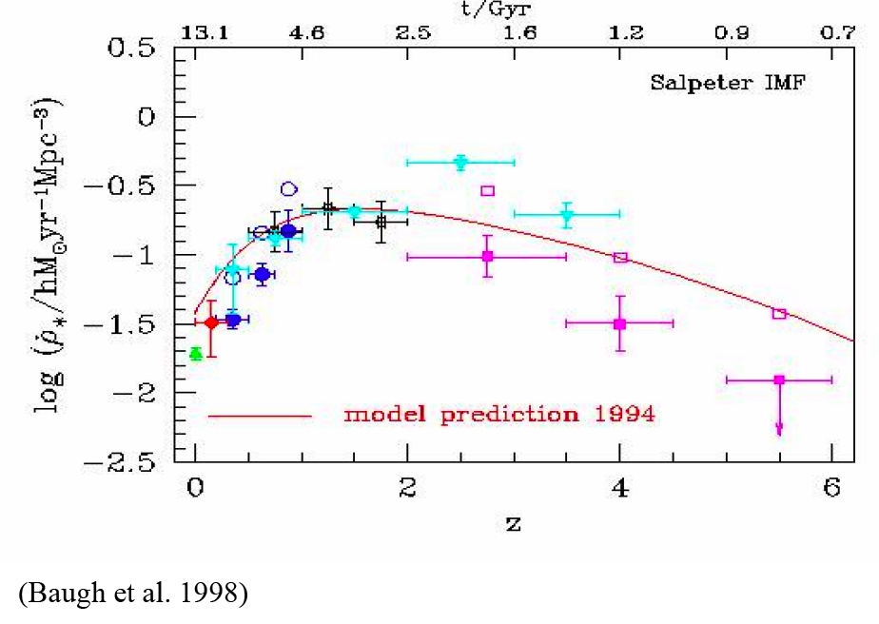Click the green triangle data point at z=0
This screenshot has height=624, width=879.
(195, 354)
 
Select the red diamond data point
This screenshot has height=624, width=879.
(211, 322)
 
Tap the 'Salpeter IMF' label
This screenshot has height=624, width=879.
(713, 83)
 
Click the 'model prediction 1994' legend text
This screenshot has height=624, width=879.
(498, 415)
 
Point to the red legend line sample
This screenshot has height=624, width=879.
(260, 416)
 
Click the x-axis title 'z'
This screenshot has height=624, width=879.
(515, 522)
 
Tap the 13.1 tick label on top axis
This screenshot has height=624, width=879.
(200, 32)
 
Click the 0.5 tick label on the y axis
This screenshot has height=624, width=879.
(137, 49)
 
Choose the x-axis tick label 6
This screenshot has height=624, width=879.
(831, 493)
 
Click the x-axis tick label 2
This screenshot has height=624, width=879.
(407, 493)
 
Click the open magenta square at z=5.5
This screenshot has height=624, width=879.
(779, 314)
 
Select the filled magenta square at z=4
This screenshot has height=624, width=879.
(620, 323)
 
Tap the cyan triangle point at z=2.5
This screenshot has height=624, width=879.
(460, 163)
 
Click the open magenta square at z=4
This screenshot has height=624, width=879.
(620, 258)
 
